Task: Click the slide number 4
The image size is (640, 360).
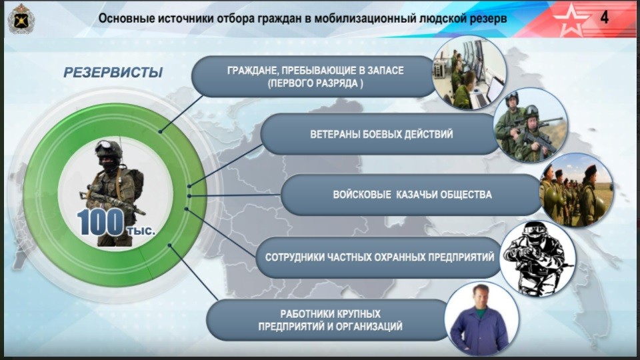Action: click(x=605, y=17)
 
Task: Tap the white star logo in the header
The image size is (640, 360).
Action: click(x=571, y=19)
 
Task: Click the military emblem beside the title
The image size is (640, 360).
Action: click(x=21, y=19)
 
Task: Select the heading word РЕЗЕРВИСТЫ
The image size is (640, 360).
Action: click(x=113, y=72)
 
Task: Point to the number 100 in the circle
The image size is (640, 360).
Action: click(x=101, y=222)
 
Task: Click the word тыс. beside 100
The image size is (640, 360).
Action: click(x=141, y=231)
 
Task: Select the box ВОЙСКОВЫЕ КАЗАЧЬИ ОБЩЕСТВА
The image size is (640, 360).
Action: click(x=411, y=195)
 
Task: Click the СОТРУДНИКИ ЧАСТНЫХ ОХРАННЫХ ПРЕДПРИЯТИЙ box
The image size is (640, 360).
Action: click(x=379, y=257)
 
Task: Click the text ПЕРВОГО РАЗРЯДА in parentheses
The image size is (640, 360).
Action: click(x=315, y=84)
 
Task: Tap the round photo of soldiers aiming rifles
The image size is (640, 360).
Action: click(x=530, y=125)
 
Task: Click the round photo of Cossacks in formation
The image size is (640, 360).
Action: click(x=576, y=190)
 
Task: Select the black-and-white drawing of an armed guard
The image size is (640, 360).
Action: click(x=537, y=258)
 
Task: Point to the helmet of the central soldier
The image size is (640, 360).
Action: click(x=109, y=149)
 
